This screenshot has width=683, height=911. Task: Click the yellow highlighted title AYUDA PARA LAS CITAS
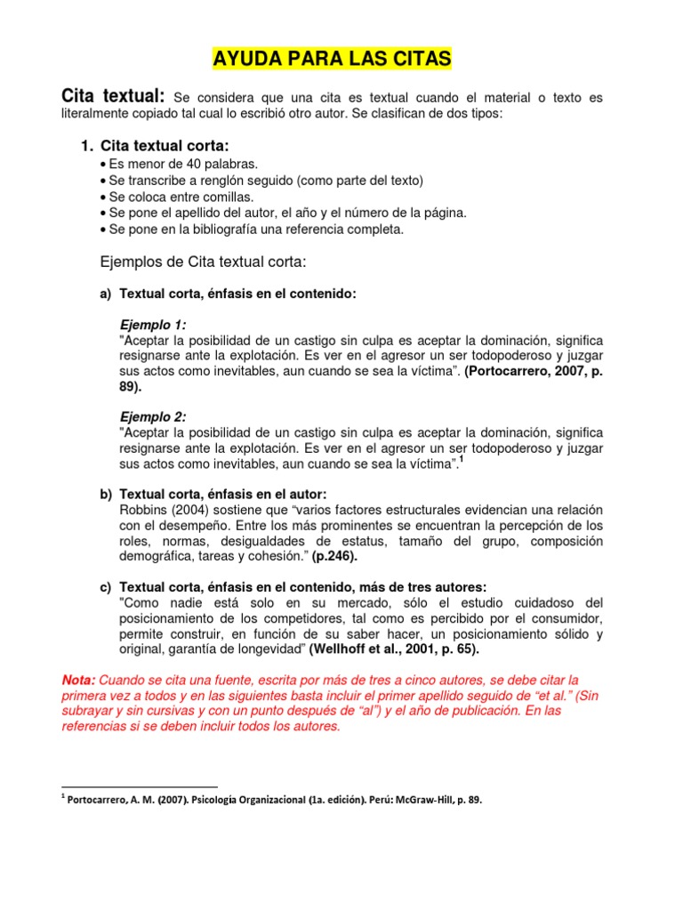[x=332, y=60]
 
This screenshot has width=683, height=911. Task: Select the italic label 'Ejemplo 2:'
[x=153, y=416]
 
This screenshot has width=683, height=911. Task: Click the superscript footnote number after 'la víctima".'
[x=462, y=460]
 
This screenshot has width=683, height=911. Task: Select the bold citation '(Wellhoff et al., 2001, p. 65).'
[x=394, y=649]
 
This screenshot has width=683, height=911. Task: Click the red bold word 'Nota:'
[x=78, y=680]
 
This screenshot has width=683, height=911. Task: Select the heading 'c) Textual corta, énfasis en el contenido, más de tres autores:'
[x=293, y=587]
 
